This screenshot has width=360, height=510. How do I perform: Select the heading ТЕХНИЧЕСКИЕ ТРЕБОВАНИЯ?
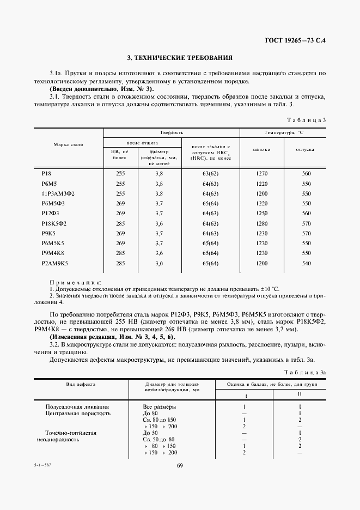coord(180,57)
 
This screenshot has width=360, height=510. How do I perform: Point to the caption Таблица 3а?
coord(308,371)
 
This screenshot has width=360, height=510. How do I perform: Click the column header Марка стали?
coord(69,144)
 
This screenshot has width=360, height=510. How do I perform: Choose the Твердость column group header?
coord(172,132)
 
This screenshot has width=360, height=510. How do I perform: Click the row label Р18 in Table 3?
coord(46,173)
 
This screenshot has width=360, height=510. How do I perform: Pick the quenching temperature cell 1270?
coord(263,173)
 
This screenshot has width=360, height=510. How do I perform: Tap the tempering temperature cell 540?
coord(306,264)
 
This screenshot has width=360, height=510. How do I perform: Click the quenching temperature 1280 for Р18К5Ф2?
coord(263,223)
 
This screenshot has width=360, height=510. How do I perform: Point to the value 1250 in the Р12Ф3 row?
coord(263,214)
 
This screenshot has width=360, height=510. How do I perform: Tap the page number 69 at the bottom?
coord(180,465)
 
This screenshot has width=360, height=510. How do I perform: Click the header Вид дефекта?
coord(81,384)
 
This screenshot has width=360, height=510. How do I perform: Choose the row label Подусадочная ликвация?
coord(77,406)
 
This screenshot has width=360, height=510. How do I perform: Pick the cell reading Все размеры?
coord(160,406)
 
